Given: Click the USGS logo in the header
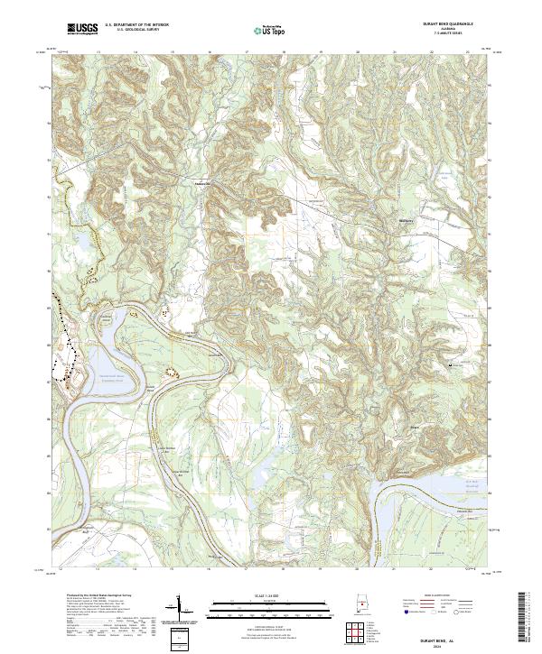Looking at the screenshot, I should click(82, 31).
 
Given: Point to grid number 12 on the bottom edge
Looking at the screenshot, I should click(61, 571).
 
